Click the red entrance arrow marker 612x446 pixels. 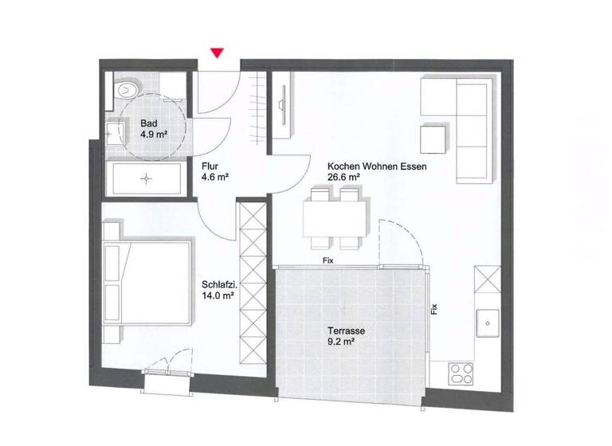216,53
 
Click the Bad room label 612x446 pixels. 148,123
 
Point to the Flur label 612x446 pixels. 210,167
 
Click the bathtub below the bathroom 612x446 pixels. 146,179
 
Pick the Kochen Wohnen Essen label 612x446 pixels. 378,167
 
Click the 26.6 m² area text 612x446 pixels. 344,179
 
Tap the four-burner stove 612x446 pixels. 461,373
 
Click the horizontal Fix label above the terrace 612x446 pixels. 327,260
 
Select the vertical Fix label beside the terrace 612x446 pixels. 434,308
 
